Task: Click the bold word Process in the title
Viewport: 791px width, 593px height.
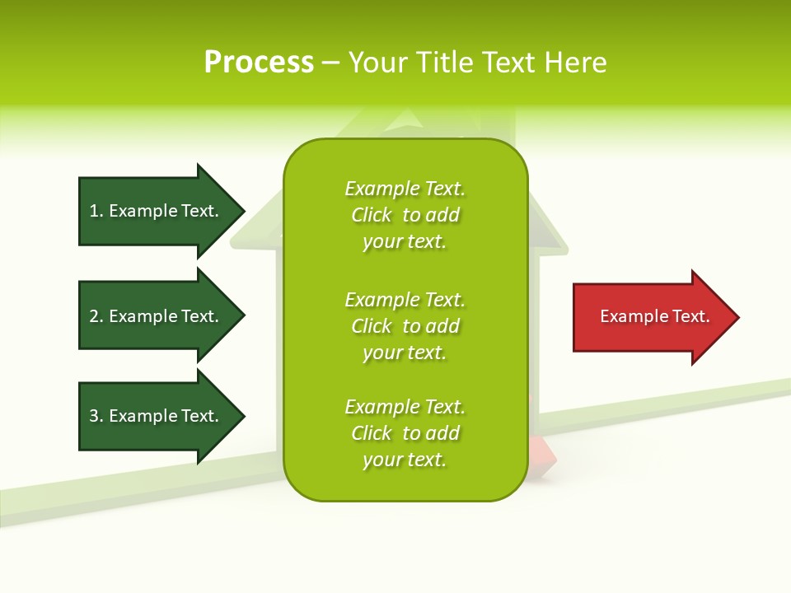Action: [259, 63]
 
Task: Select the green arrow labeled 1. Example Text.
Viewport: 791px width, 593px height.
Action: [157, 211]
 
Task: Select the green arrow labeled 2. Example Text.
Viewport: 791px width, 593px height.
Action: [157, 316]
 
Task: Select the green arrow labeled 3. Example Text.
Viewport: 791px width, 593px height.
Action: [157, 416]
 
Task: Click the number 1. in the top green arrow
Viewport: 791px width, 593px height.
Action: [96, 211]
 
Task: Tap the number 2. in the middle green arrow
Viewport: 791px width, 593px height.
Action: [96, 316]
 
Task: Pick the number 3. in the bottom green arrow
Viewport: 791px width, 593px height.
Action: [96, 416]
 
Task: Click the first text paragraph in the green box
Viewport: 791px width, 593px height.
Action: [405, 215]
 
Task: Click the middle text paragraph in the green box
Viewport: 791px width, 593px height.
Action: [405, 326]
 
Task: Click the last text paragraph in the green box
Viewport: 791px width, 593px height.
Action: [405, 433]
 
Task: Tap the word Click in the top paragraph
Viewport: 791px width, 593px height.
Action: [372, 215]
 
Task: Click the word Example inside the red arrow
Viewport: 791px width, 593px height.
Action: [628, 316]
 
